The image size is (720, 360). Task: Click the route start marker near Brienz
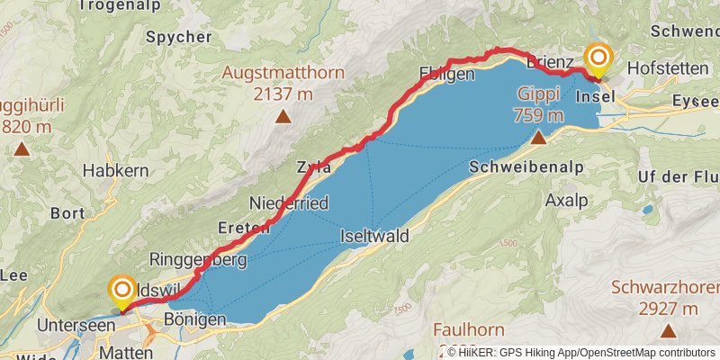coord(598,59)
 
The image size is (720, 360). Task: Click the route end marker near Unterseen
coord(121,292)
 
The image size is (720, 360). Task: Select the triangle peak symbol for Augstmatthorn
coord(283,116)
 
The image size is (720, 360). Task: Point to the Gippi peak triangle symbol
coord(538,138)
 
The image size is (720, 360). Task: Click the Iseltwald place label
coord(375,237)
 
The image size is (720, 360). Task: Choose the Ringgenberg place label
coord(198,260)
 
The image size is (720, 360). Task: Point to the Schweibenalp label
coord(526,166)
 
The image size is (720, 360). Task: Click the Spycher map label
coord(178,37)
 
